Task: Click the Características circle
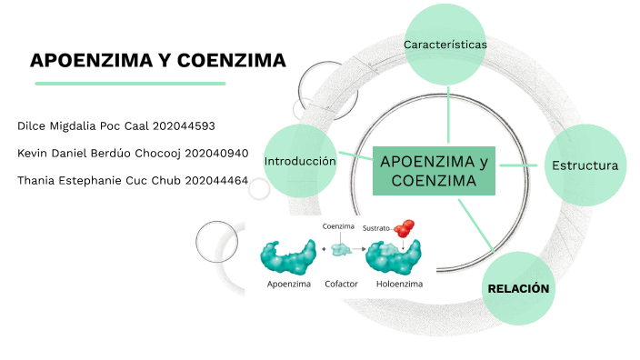[x=445, y=45]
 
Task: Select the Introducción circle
[x=300, y=161]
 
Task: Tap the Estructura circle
[x=585, y=165]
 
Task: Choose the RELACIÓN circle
[x=519, y=288]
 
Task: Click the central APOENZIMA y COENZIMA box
[x=434, y=171]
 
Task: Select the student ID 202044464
[x=215, y=180]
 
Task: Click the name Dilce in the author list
[x=33, y=125]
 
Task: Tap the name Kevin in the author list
[x=34, y=153]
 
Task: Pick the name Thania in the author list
[x=37, y=180]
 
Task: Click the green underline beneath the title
[x=130, y=84]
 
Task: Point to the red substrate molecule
[x=405, y=229]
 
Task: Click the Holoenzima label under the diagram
[x=399, y=284]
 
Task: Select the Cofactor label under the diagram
[x=341, y=284]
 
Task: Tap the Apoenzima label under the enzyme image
[x=289, y=284]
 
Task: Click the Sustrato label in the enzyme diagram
[x=375, y=227]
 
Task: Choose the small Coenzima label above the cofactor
[x=338, y=225]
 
